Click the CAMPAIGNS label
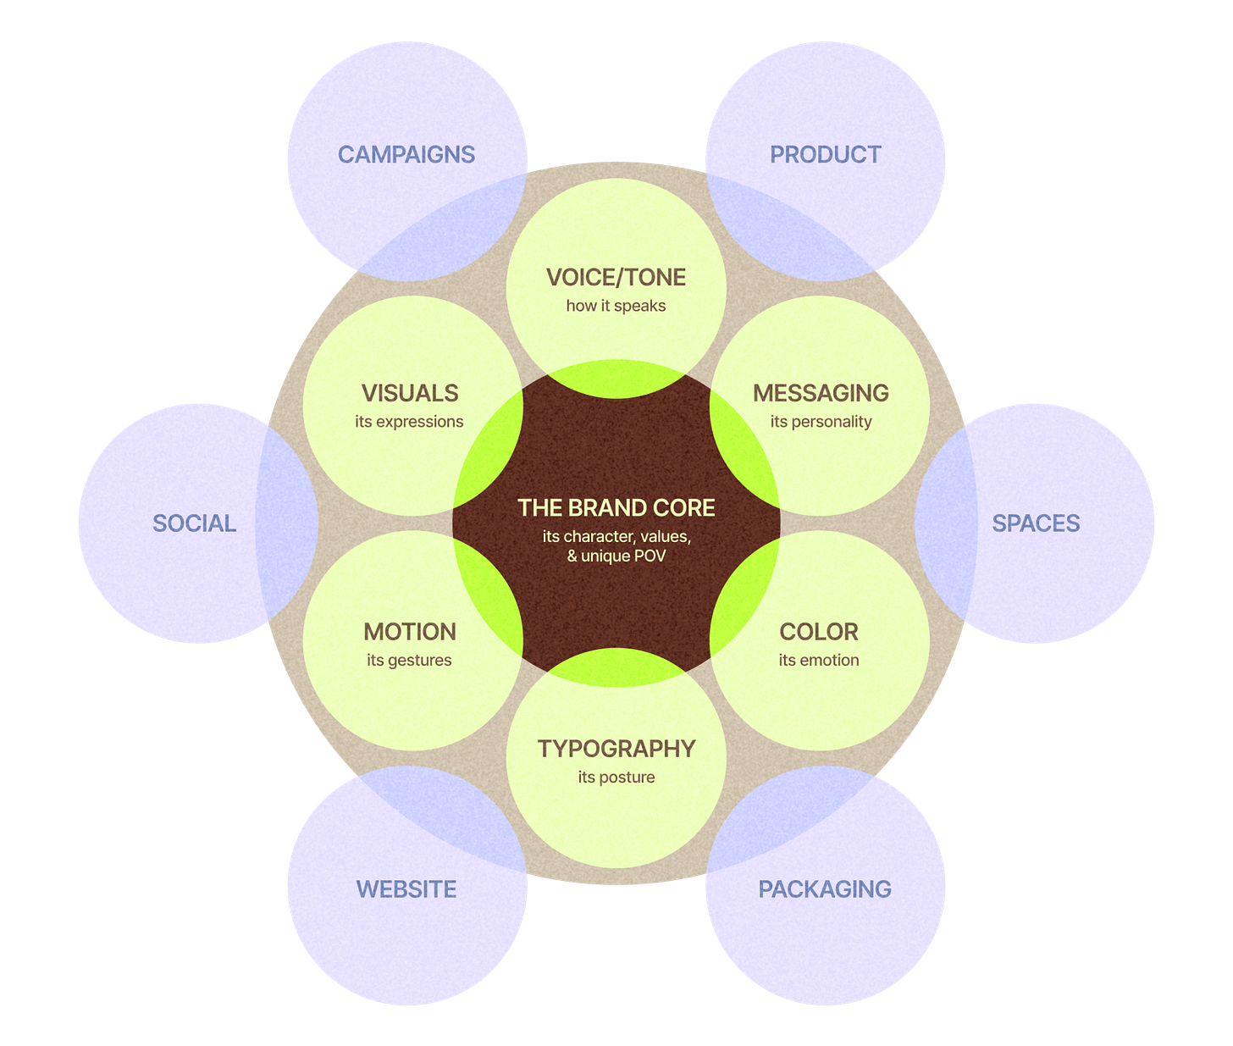click(406, 154)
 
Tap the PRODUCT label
click(826, 154)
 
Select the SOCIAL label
click(195, 523)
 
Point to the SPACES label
click(1037, 523)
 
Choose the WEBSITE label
click(406, 889)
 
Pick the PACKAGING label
click(825, 889)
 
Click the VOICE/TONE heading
click(616, 278)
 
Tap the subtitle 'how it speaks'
click(616, 306)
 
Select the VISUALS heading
click(410, 393)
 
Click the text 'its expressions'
click(409, 421)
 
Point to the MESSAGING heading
click(821, 393)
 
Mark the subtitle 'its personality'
click(821, 421)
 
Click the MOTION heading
click(410, 632)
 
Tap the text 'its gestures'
click(409, 660)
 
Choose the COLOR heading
click(819, 632)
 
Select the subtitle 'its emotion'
click(819, 660)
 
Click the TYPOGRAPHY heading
click(616, 749)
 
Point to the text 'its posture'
click(616, 777)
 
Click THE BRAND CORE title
click(616, 508)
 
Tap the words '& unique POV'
click(616, 556)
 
